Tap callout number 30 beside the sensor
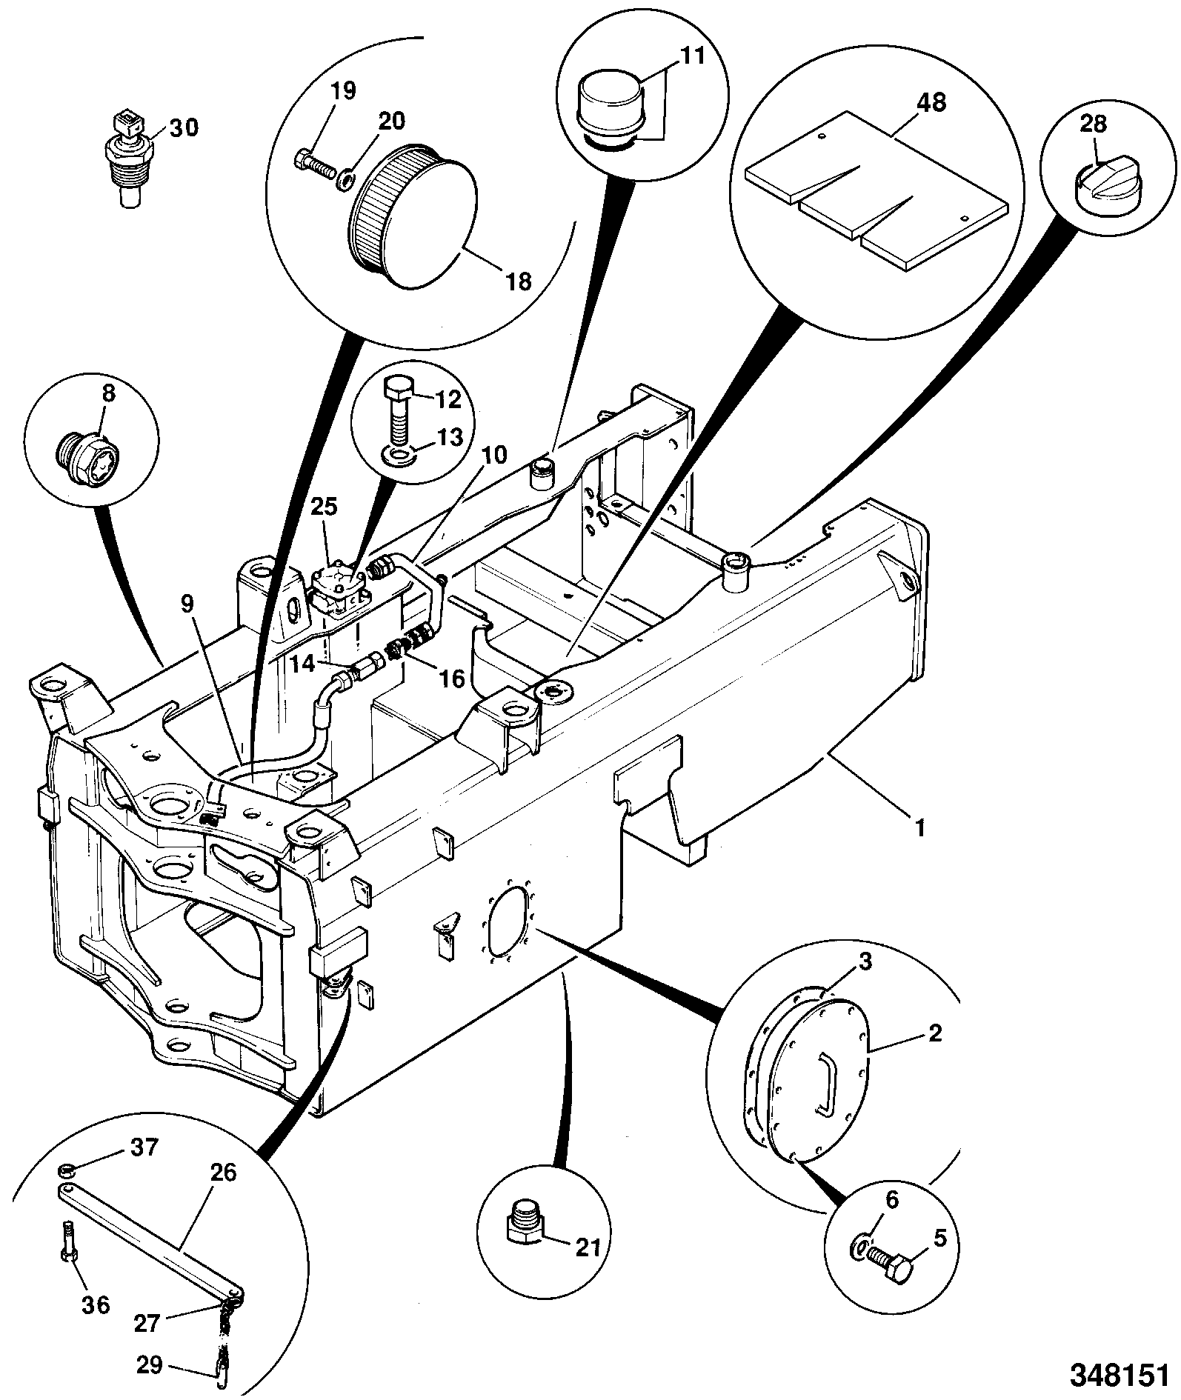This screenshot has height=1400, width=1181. click(x=184, y=127)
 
